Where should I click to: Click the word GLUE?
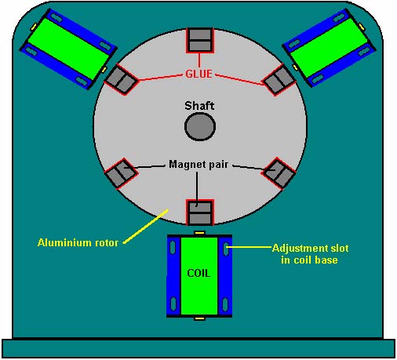[198, 74]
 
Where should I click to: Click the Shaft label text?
[199, 106]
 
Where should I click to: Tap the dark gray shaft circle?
[200, 126]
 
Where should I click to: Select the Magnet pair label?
[198, 164]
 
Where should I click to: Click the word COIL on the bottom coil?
[198, 273]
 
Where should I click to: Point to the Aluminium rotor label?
[78, 242]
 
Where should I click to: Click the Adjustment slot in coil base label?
[310, 254]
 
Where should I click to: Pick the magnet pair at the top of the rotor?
[200, 40]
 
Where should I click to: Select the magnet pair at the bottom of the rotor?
[200, 213]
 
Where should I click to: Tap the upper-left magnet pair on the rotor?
[121, 79]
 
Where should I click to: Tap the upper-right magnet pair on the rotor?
[279, 79]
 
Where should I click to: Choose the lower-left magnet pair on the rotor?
[121, 173]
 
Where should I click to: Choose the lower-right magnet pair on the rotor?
[279, 173]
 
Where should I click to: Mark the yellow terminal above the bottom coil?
[200, 232]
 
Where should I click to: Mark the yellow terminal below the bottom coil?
[200, 318]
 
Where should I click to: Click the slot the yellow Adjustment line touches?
[226, 248]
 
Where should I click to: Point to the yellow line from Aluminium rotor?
[145, 226]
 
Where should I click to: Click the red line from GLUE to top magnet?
[199, 60]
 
